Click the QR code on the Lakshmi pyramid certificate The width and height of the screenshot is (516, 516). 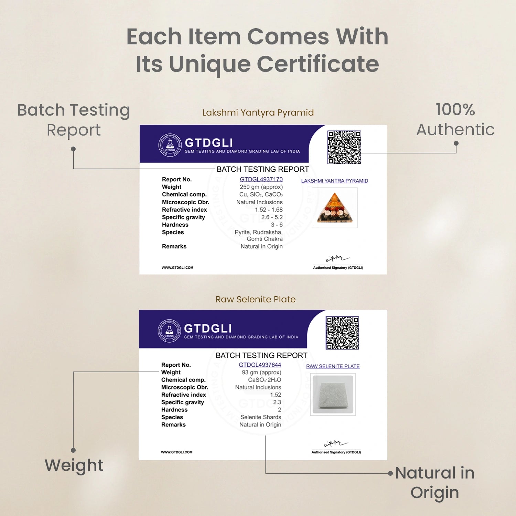[344, 147]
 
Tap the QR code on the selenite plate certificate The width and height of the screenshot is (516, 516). [342, 333]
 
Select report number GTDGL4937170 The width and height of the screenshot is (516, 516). [261, 179]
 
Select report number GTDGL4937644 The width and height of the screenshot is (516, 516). [260, 365]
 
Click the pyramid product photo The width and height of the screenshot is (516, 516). [335, 207]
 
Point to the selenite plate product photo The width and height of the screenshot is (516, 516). [333, 394]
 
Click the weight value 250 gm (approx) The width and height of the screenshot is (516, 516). [261, 187]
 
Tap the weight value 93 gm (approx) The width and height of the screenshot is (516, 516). [261, 372]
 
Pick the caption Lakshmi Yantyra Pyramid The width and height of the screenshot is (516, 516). [258, 112]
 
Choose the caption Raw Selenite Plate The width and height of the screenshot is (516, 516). [256, 299]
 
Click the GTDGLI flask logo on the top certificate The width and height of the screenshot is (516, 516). [170, 145]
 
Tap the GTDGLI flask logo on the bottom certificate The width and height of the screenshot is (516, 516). [169, 331]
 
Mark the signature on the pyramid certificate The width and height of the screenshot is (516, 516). [337, 259]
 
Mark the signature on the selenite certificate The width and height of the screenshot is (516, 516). [336, 444]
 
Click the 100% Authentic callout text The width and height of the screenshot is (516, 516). [455, 119]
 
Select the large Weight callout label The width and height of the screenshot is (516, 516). [74, 465]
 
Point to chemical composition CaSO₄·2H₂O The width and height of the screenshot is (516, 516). [265, 380]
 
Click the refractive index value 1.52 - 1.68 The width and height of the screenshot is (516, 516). [269, 209]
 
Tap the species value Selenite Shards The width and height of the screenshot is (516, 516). [261, 417]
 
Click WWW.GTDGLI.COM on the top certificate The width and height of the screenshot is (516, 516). [178, 268]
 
